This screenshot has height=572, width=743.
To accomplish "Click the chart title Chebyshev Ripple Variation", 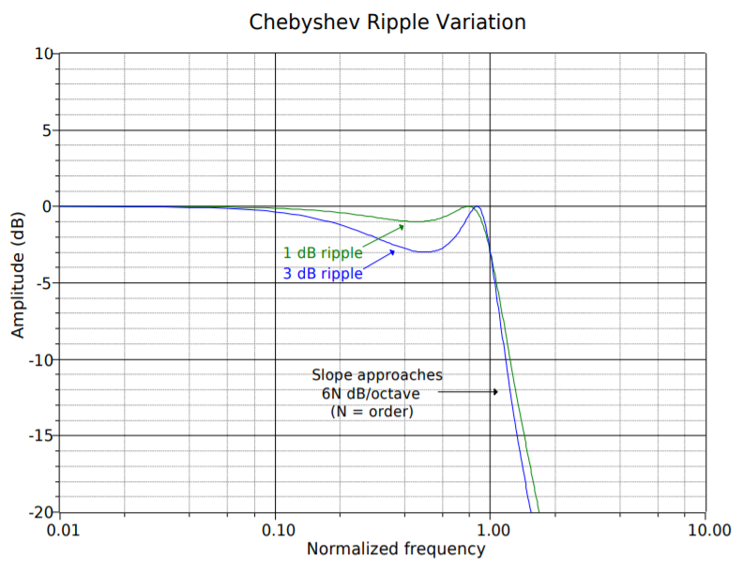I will tap(387, 22).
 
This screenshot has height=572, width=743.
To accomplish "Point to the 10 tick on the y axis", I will tap(44, 53).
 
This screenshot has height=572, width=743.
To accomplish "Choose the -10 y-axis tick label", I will tap(39, 360).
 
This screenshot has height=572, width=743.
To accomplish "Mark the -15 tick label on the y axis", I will tap(39, 436).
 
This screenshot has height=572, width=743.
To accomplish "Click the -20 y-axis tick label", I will tap(39, 513).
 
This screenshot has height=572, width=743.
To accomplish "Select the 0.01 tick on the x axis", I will tap(61, 531).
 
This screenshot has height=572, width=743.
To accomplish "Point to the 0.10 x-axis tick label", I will tap(276, 531).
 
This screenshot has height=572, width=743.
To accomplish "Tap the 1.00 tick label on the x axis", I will tap(491, 531).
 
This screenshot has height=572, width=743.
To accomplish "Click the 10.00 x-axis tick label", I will tap(705, 531).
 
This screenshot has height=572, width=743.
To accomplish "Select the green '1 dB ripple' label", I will tap(323, 253).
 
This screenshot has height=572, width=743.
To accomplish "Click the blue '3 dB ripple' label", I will tap(323, 274).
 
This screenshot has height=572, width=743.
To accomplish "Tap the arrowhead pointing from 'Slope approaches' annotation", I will tap(496, 392).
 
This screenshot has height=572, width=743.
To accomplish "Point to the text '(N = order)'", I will tap(371, 411).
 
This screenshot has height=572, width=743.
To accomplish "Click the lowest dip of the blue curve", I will tap(426, 252).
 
